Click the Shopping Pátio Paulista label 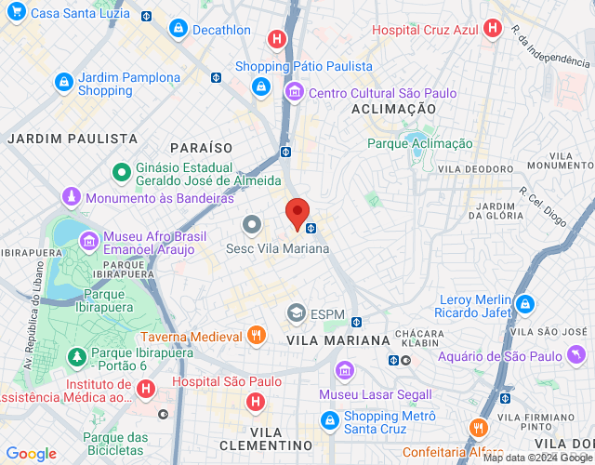point(303,66)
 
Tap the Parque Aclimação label point(419,143)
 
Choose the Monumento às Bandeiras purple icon point(72,198)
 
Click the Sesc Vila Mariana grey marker point(252,225)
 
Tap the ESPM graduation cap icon point(297,312)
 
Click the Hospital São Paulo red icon point(255,401)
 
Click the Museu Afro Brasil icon point(90,242)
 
